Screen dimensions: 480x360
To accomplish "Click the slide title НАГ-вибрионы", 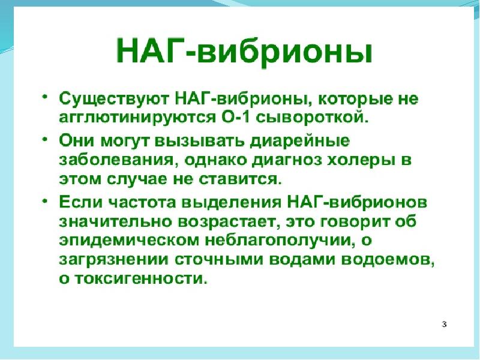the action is click(x=244, y=52).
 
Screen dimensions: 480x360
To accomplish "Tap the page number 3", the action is click(x=444, y=324).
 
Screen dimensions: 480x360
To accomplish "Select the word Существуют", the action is click(x=114, y=99).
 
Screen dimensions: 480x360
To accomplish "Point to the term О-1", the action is click(x=235, y=117).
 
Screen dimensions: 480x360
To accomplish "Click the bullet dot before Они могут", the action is click(x=44, y=139).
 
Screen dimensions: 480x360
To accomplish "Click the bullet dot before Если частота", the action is click(x=44, y=201).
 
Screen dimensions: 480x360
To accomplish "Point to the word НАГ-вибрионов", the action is click(x=358, y=202).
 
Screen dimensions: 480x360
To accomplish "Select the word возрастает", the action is click(x=230, y=222).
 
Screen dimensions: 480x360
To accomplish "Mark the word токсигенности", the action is click(x=139, y=278).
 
